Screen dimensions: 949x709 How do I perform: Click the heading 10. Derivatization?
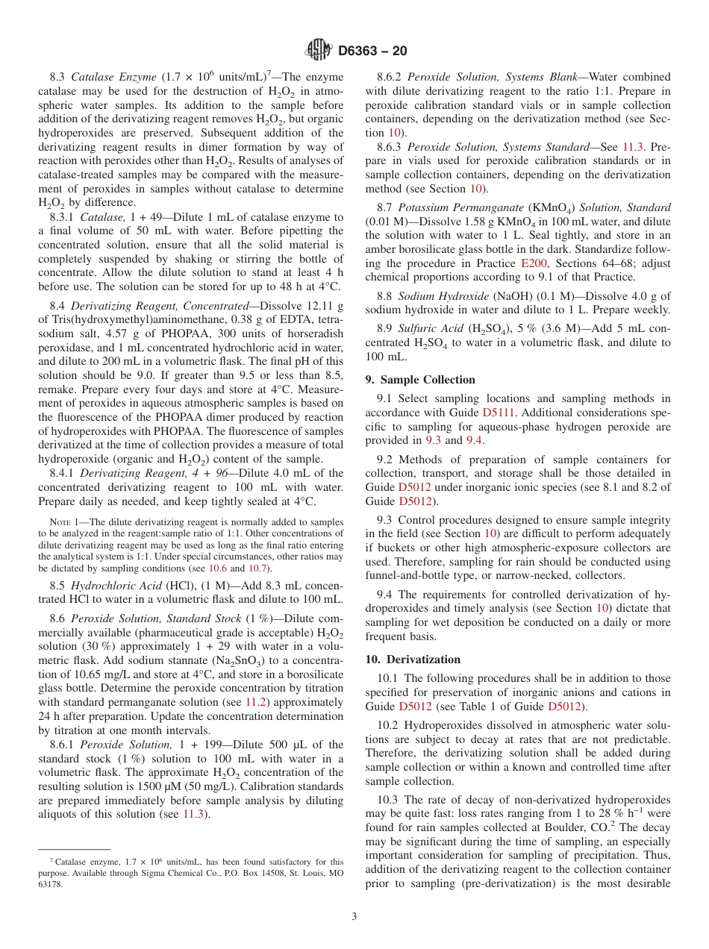tap(413, 659)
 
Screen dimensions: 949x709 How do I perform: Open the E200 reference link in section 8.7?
tap(532, 263)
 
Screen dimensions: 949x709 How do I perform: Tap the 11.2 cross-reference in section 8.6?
tap(255, 702)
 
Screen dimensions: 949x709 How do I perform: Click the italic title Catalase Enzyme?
tap(113, 77)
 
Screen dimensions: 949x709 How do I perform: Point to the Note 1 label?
tap(63, 522)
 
